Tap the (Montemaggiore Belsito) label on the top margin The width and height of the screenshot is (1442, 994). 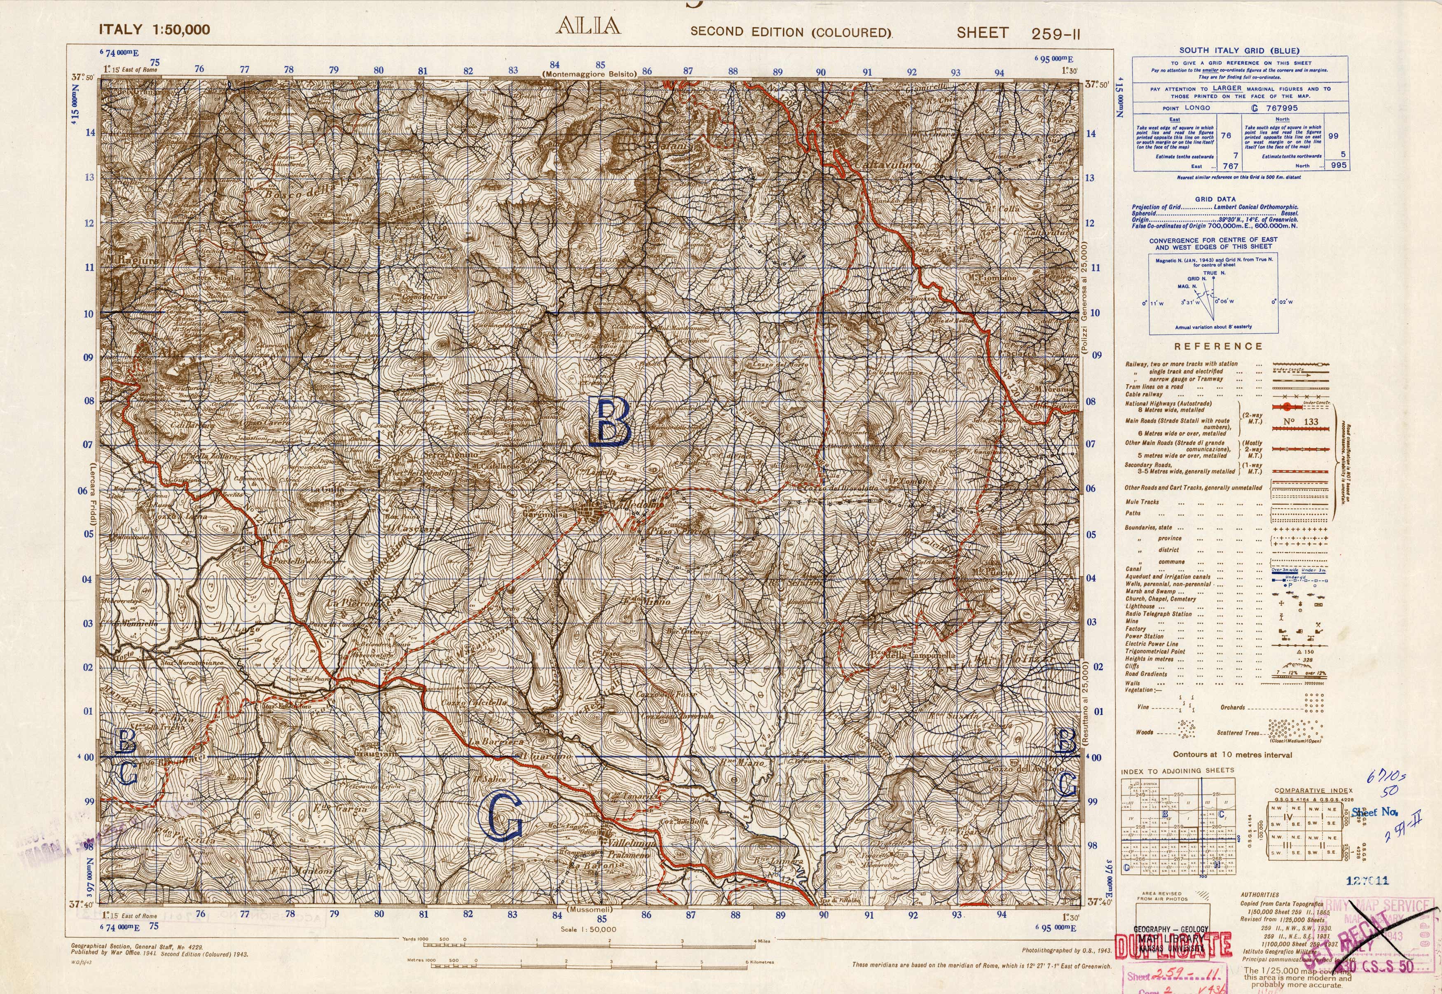[x=589, y=74]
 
